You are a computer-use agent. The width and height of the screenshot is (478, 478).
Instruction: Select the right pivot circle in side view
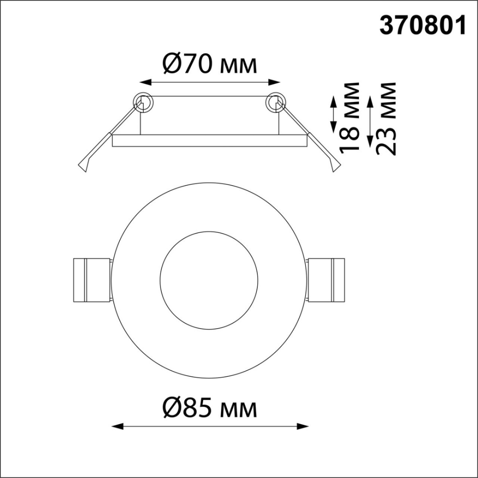click(276, 103)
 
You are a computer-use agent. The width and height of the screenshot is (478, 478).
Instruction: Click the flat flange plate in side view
click(210, 141)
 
